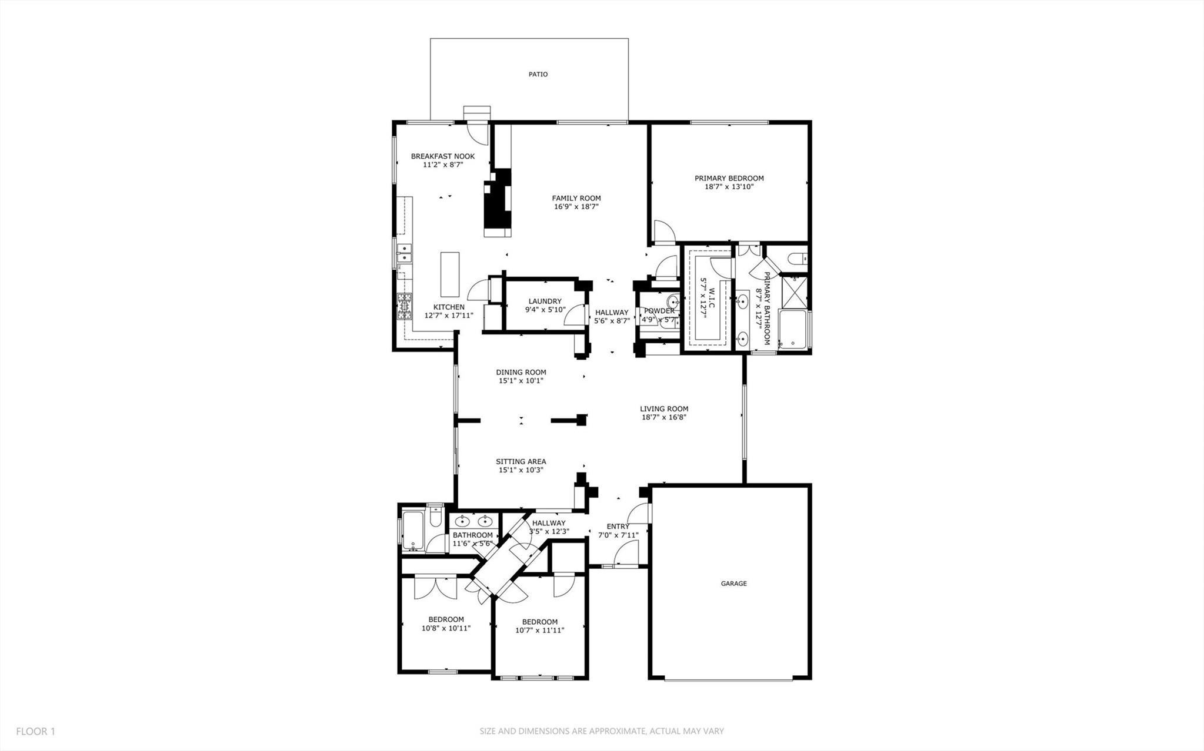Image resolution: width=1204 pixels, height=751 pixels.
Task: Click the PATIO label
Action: [x=538, y=75]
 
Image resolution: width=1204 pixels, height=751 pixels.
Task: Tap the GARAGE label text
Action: [x=733, y=584]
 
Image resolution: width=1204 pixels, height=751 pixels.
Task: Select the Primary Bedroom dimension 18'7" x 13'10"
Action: [x=729, y=187]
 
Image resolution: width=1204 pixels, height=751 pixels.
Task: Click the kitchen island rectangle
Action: [x=449, y=274]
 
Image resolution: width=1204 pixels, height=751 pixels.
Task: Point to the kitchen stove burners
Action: [x=405, y=307]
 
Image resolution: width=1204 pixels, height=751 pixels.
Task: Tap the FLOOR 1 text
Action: [x=35, y=731]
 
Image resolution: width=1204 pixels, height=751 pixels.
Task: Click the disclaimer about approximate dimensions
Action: [x=601, y=731]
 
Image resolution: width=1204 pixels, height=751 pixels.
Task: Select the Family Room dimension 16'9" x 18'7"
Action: [x=576, y=206]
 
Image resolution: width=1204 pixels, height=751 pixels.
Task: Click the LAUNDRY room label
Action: [x=545, y=301]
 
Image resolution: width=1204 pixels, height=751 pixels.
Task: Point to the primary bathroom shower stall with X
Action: [x=793, y=292]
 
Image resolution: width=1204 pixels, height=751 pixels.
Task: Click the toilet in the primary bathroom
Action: [x=797, y=258]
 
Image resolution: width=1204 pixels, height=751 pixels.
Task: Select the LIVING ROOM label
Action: [x=664, y=409]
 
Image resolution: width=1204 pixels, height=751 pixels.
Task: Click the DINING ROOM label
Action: [x=521, y=372]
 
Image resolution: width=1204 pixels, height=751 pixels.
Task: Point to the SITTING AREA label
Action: [x=521, y=461]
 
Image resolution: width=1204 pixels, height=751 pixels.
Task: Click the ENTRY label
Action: [x=618, y=527]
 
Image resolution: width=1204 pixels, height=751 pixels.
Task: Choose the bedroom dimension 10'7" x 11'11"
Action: [x=539, y=631]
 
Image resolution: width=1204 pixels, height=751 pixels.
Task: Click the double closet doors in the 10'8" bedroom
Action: [x=435, y=588]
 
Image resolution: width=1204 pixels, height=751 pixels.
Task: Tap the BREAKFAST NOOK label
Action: [x=442, y=156]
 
